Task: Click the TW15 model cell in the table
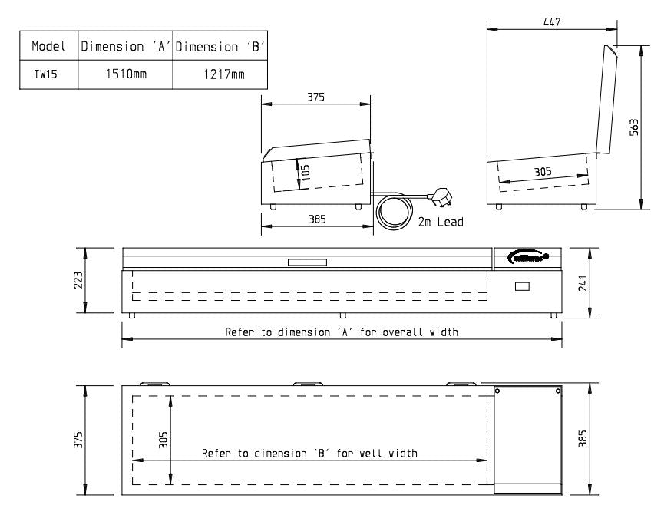(43, 74)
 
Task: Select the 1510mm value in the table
(126, 74)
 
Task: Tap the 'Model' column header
(47, 46)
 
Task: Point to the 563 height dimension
(633, 127)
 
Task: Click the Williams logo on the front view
(529, 257)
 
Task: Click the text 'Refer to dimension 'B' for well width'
(309, 453)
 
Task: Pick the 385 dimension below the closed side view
(317, 219)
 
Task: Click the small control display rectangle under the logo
(522, 286)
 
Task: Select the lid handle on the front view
(307, 263)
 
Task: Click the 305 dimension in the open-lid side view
(543, 172)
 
